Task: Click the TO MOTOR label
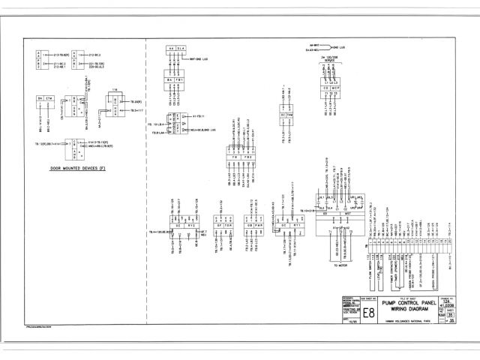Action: tap(339, 264)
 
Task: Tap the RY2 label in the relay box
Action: tap(191, 223)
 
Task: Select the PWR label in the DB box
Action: tap(257, 223)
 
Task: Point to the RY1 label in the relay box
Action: tap(297, 223)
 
